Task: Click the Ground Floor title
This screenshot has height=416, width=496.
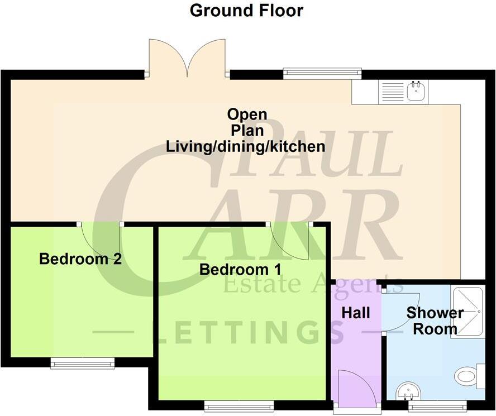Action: (x=246, y=11)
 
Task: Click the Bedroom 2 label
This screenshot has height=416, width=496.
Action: (x=80, y=259)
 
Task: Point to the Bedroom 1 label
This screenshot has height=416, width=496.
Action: (x=240, y=269)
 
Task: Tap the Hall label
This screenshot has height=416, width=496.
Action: (x=356, y=313)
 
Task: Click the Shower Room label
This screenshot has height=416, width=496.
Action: (x=435, y=321)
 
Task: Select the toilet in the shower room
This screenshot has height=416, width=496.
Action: (x=468, y=375)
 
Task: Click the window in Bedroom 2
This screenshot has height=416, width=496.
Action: (x=83, y=364)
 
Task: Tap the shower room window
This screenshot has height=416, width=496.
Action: (x=437, y=407)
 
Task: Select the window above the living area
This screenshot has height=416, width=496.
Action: (x=322, y=73)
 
